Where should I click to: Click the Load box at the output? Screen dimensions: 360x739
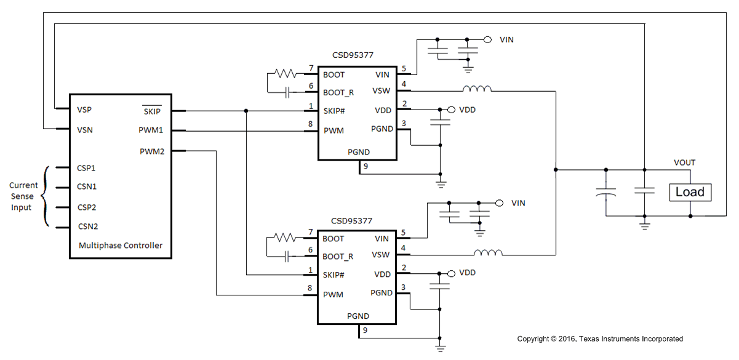(x=690, y=192)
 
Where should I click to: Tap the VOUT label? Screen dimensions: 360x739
(x=684, y=163)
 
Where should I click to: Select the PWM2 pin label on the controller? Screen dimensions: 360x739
(x=152, y=151)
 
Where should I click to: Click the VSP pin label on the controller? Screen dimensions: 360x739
(x=86, y=110)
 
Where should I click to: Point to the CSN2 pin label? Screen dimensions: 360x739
(x=87, y=226)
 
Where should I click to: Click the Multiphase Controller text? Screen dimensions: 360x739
(x=121, y=246)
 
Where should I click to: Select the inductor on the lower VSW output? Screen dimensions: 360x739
(x=488, y=252)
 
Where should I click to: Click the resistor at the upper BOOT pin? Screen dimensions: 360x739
(x=286, y=74)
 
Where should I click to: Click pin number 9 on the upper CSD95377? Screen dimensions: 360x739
(x=366, y=166)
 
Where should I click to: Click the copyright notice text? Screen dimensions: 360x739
(x=599, y=339)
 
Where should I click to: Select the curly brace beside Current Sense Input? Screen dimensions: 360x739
(x=45, y=196)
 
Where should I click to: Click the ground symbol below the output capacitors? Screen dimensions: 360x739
(x=644, y=225)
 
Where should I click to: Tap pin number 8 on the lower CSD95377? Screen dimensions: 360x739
(x=310, y=288)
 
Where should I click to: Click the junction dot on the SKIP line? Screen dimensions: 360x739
(x=246, y=111)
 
